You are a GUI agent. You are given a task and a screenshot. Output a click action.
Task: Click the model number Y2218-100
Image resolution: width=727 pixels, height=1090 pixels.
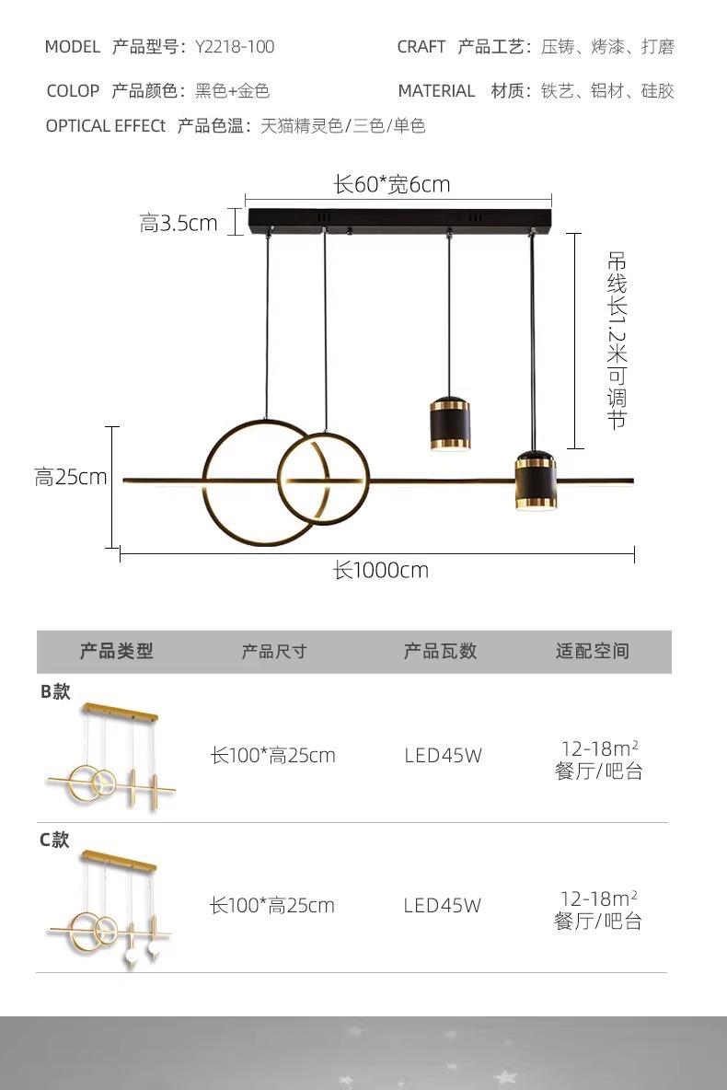click(235, 47)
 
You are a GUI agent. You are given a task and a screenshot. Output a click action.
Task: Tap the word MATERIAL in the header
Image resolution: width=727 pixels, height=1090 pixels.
click(436, 91)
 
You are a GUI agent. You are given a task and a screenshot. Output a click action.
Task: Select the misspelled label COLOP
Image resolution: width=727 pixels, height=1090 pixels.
click(73, 91)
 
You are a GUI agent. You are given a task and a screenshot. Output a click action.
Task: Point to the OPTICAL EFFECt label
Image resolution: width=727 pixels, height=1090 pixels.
click(106, 126)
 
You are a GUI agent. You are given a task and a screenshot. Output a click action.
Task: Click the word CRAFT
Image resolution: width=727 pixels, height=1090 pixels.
click(421, 47)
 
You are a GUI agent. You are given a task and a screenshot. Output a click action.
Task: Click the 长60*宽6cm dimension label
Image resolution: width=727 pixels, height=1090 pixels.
click(392, 184)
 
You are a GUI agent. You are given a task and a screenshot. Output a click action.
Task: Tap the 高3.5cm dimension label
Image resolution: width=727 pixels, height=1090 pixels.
click(179, 223)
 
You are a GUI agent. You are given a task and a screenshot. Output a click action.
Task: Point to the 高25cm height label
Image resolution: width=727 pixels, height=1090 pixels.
click(71, 477)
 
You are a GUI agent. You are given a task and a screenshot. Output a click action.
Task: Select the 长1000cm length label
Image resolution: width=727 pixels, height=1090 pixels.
click(381, 570)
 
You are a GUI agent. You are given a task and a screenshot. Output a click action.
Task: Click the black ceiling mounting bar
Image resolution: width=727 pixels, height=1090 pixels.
click(399, 222)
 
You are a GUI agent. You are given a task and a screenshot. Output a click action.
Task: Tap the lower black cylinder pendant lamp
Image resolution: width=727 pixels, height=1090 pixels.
click(536, 481)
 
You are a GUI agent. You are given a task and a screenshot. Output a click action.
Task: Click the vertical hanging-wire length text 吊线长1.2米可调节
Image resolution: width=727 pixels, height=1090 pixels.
click(617, 341)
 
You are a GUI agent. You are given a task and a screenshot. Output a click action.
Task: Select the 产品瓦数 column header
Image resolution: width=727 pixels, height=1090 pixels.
click(441, 652)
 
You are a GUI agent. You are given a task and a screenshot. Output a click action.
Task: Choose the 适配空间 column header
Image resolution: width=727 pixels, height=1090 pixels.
click(593, 652)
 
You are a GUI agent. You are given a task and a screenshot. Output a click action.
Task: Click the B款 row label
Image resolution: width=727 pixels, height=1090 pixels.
click(55, 691)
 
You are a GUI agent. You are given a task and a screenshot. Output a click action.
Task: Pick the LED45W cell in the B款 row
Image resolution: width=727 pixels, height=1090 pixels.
click(443, 756)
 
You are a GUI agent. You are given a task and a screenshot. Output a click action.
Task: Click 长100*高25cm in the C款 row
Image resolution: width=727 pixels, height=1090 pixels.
click(272, 906)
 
